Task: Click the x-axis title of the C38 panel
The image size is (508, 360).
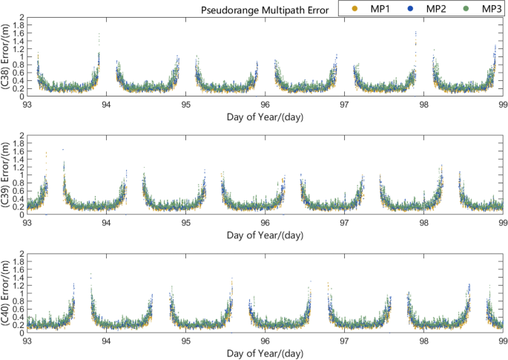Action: coord(265,117)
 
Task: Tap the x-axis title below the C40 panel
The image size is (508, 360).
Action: coord(265,352)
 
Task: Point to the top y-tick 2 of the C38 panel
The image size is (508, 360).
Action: coord(22,17)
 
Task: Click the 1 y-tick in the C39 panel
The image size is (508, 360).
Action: coord(22,175)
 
